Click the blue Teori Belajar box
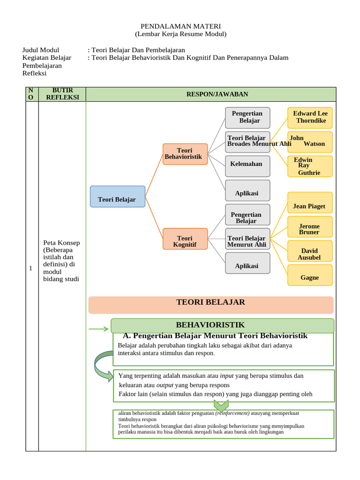click(117, 196)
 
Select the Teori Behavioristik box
click(185, 154)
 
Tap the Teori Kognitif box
click(185, 239)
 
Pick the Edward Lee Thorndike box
click(310, 118)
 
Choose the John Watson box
click(310, 142)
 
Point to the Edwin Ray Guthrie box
click(310, 166)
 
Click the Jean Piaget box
click(310, 202)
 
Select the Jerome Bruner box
click(310, 227)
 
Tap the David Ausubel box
click(310, 251)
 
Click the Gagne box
click(310, 275)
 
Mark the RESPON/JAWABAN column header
click(211, 94)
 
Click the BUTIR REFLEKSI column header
click(62, 94)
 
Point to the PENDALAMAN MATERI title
click(180, 26)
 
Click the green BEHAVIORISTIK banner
click(222, 325)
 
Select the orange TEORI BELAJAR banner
click(210, 304)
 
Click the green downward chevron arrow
click(221, 405)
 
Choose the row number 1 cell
click(31, 269)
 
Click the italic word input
click(227, 376)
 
